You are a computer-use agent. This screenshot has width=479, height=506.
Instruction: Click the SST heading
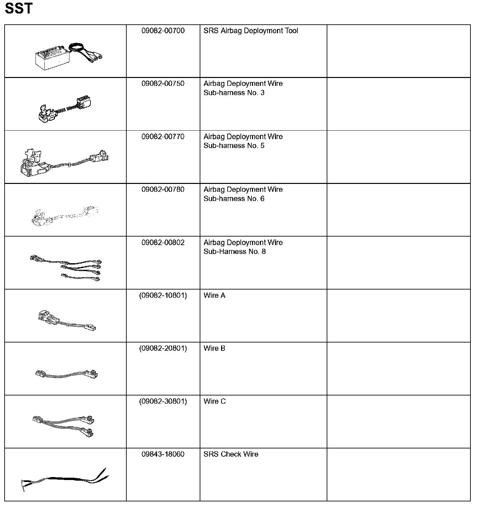pos(19,9)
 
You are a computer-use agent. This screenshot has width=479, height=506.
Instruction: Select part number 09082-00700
pos(163,31)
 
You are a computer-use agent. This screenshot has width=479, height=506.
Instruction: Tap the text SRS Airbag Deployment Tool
pos(251,31)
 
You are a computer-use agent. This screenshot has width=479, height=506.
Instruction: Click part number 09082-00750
pos(163,84)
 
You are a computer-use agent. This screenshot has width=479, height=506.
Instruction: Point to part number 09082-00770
pos(163,137)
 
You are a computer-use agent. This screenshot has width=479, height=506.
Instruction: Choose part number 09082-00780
pos(163,190)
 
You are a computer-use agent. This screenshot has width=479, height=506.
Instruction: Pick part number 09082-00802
pos(163,243)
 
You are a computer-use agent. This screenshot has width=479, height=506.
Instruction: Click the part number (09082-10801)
pos(163,296)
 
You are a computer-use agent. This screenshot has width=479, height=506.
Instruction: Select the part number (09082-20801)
pos(163,349)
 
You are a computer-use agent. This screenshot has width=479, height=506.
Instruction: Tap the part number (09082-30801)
pos(163,402)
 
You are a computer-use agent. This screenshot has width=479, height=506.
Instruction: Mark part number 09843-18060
pos(163,455)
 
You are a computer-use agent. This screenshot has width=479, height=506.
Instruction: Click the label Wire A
pos(214,296)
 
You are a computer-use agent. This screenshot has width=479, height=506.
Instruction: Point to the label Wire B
pos(214,349)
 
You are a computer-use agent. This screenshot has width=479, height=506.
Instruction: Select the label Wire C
pos(214,402)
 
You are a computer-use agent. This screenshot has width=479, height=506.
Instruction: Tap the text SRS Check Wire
pos(231,455)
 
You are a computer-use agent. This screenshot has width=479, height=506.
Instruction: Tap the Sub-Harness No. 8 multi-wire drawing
pos(66,267)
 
